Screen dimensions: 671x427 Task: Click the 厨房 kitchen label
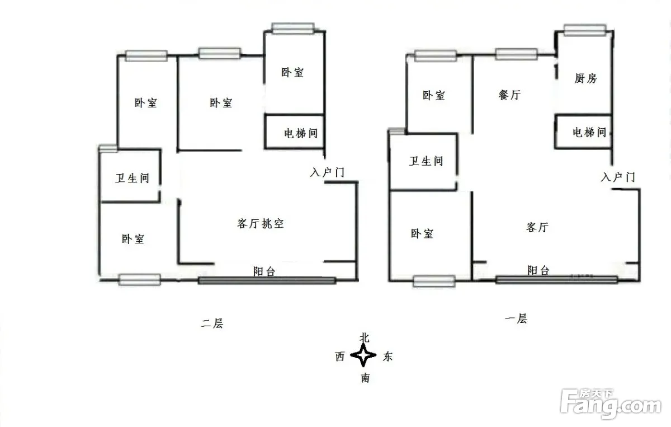click(585, 78)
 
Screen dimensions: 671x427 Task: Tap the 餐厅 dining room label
click(509, 95)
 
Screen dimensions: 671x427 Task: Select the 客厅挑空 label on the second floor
click(261, 223)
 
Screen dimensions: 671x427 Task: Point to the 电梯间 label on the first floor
click(589, 132)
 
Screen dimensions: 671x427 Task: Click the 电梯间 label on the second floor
click(301, 133)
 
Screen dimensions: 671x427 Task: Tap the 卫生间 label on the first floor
click(426, 161)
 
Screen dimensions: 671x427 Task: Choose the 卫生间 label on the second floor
click(132, 178)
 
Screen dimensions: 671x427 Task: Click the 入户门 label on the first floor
click(618, 177)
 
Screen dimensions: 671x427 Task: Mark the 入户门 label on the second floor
click(327, 172)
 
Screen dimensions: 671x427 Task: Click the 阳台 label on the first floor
click(538, 270)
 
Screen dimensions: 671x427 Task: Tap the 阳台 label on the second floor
click(264, 271)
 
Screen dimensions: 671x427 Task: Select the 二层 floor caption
click(212, 323)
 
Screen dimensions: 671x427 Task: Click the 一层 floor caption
click(516, 318)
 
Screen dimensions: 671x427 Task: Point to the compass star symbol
click(363, 355)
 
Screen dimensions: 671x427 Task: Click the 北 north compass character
click(365, 337)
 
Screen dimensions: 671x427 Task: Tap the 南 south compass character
click(365, 378)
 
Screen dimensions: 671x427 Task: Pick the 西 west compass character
click(340, 356)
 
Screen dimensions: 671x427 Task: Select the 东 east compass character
click(388, 356)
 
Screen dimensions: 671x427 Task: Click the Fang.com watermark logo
click(611, 404)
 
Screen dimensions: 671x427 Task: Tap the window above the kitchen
click(585, 30)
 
